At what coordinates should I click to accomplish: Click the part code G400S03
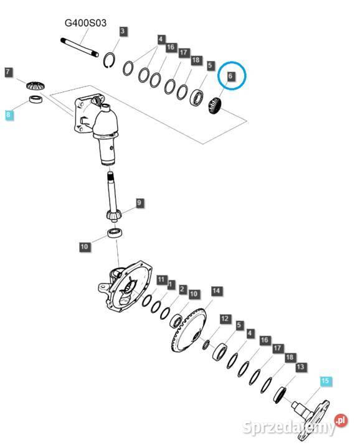tap(85, 22)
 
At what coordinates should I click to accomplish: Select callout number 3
tap(123, 31)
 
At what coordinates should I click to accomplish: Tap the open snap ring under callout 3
tap(110, 60)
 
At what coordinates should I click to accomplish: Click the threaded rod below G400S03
tap(80, 47)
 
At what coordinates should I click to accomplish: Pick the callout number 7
tap(8, 72)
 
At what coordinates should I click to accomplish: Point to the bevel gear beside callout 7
tap(36, 85)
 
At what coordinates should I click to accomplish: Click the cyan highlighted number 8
tap(8, 115)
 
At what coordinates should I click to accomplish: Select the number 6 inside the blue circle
tap(230, 76)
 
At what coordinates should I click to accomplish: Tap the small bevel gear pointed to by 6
tap(216, 106)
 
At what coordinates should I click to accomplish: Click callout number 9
tap(139, 203)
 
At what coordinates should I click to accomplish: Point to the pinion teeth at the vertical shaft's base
tap(114, 215)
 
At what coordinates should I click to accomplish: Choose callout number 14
tap(216, 291)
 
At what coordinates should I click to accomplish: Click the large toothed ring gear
tap(189, 329)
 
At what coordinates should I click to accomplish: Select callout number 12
tap(225, 319)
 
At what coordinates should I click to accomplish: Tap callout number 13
tap(301, 367)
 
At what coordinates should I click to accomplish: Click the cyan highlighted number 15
tap(325, 381)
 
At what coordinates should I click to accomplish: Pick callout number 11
tap(161, 279)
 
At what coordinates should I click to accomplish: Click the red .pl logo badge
tap(341, 420)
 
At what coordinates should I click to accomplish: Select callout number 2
tap(182, 289)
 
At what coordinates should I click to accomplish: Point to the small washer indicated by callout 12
tap(206, 345)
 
